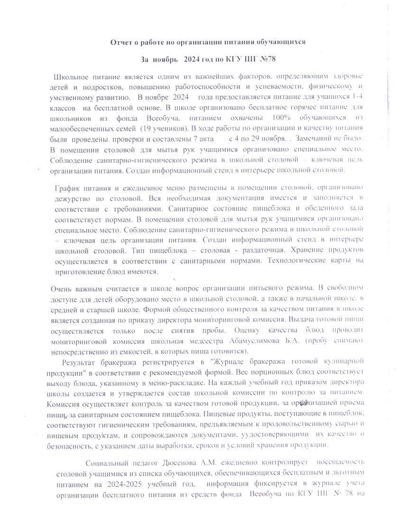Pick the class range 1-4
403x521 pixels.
click(357, 96)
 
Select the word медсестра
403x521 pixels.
click(195, 341)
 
